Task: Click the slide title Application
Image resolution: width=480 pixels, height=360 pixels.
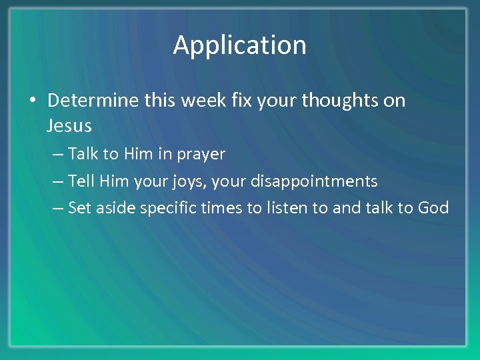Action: (x=240, y=45)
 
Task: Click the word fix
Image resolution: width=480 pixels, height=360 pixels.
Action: (x=239, y=101)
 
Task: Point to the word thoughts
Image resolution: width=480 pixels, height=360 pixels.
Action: (x=341, y=101)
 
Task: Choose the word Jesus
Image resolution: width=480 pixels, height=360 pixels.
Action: (x=69, y=125)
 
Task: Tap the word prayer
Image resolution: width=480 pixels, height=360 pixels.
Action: (x=201, y=154)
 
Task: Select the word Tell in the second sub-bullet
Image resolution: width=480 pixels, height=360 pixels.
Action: (x=82, y=181)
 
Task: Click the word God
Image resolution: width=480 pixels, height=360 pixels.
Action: (x=433, y=207)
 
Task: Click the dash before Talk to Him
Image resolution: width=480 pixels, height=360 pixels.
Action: (x=58, y=155)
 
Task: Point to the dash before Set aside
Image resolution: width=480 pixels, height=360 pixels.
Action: (x=58, y=208)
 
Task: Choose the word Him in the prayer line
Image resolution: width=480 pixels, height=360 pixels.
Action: (x=139, y=154)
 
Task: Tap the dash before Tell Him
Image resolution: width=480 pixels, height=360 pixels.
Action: (x=58, y=181)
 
